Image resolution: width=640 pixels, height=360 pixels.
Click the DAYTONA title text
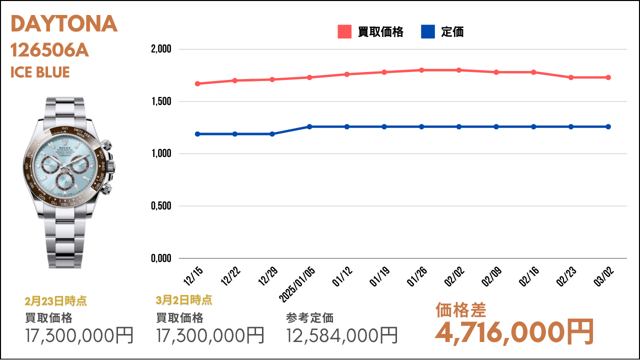click(x=64, y=23)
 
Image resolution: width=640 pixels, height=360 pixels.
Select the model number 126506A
click(x=49, y=50)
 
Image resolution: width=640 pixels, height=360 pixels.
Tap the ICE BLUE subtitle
click(x=40, y=72)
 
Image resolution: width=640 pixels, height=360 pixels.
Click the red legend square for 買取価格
click(x=344, y=31)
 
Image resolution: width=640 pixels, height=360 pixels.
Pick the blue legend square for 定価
click(x=428, y=31)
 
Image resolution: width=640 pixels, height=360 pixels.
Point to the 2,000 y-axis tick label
click(x=161, y=49)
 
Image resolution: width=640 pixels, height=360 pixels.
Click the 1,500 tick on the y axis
click(x=161, y=101)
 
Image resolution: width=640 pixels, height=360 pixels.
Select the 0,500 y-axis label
click(x=161, y=205)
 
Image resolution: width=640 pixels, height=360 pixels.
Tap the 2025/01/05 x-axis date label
click(x=297, y=284)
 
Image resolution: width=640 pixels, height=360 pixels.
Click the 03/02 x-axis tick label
click(x=603, y=276)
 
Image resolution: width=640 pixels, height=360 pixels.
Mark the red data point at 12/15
click(x=197, y=83)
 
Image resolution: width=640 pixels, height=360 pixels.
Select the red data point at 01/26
click(x=421, y=70)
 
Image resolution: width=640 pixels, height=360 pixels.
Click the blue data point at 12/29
click(x=272, y=134)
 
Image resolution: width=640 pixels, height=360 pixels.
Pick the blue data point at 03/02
click(x=608, y=126)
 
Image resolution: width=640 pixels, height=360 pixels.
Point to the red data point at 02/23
click(x=571, y=77)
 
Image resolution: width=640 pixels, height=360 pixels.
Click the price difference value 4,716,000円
click(x=514, y=332)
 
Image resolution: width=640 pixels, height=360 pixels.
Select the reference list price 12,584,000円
click(x=341, y=335)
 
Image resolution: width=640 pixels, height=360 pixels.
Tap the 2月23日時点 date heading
click(x=55, y=301)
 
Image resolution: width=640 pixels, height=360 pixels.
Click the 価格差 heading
click(x=460, y=310)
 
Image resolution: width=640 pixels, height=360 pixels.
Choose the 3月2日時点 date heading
click(x=184, y=300)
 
